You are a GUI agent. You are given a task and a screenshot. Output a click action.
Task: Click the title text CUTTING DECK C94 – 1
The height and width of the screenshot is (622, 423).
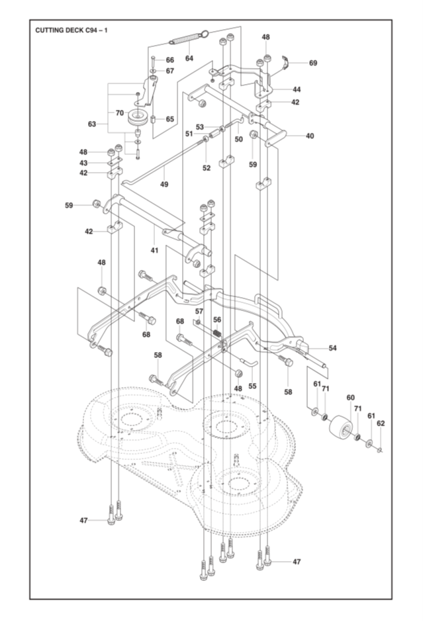click(71, 30)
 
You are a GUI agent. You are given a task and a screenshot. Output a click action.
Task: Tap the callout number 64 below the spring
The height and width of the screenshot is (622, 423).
click(189, 58)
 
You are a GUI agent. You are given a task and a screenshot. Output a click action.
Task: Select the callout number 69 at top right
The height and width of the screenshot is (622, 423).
click(313, 63)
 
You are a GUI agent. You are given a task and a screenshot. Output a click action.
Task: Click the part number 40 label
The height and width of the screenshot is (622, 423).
click(310, 136)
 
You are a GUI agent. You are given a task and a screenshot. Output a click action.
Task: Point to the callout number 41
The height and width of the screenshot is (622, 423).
click(154, 250)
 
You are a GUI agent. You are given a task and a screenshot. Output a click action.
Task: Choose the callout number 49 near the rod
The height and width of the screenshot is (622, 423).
click(164, 184)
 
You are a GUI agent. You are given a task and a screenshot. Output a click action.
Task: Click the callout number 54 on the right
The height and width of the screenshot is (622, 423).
click(332, 348)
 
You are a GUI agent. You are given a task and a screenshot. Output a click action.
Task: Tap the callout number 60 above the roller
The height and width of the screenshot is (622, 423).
click(351, 398)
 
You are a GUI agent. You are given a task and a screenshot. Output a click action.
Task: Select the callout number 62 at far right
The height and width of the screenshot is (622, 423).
click(381, 423)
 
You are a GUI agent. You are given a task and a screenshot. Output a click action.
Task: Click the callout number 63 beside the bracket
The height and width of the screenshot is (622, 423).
click(92, 124)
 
